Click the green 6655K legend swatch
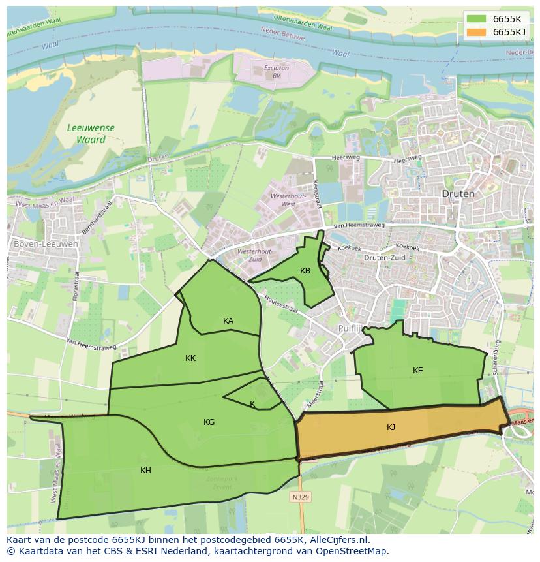tap(477, 19)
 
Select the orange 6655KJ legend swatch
tap(477, 32)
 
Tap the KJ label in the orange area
tap(391, 428)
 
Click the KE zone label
tap(417, 371)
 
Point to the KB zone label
tap(305, 271)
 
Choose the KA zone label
tap(228, 320)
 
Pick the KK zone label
tap(190, 358)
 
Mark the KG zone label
tap(209, 422)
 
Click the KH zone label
tap(145, 471)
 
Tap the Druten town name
tap(458, 194)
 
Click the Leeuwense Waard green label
tap(91, 134)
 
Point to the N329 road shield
tap(301, 497)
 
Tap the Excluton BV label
tap(276, 71)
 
